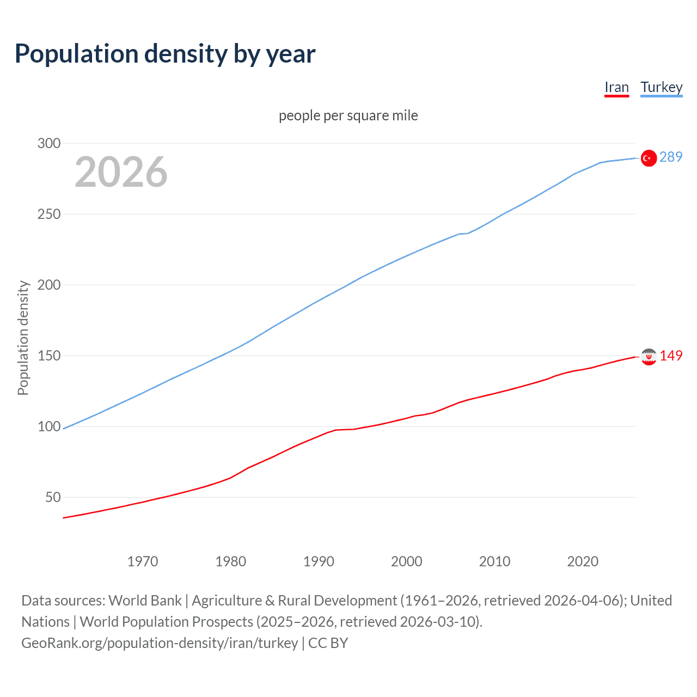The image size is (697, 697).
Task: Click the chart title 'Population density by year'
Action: point(165,54)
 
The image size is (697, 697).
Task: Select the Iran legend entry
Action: point(616,88)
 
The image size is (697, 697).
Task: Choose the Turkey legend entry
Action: point(661,88)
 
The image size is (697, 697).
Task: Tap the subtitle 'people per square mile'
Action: point(348,115)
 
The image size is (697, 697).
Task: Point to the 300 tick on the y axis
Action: point(48,143)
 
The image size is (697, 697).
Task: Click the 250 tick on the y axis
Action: point(48,214)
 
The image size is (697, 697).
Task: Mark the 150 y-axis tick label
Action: point(48,356)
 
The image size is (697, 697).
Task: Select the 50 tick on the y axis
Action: point(53,497)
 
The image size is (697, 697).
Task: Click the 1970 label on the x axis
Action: point(142,561)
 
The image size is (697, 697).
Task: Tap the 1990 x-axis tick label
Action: point(319,561)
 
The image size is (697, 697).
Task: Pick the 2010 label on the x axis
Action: point(494,561)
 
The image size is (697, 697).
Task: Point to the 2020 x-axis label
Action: point(583,561)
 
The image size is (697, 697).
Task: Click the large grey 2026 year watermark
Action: point(121,172)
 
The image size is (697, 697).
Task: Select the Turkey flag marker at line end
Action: point(648,158)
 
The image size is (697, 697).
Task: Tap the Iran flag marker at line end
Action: point(648,357)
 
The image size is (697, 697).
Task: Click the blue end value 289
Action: point(671,157)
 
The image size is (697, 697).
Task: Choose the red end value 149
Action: point(671,356)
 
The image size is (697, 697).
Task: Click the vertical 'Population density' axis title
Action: point(23,338)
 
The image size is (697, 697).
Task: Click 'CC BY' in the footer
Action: point(328,643)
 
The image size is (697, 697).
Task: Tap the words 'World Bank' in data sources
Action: point(145,601)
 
